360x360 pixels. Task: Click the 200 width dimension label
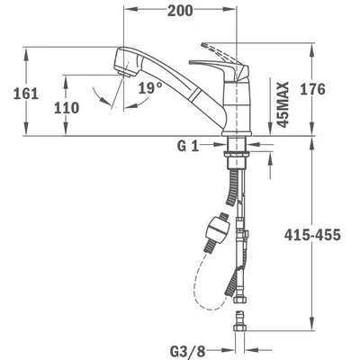coord(180,11)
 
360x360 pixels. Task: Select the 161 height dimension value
coord(26,94)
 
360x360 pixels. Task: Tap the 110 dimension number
coord(67,108)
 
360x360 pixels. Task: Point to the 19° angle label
coord(150,88)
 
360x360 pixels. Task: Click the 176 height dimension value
coord(312,89)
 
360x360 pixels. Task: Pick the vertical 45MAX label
coord(282,104)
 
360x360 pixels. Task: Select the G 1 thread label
coord(188,147)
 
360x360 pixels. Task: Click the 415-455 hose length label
coord(312,235)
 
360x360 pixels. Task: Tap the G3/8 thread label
coord(188,351)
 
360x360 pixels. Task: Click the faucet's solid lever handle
coord(222,68)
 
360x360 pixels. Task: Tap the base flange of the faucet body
coord(237,133)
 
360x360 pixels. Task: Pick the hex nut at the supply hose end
coord(239,301)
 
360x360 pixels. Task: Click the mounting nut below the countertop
coord(237,154)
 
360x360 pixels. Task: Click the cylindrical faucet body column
coord(238,106)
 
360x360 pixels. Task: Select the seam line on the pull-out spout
coord(197,94)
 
